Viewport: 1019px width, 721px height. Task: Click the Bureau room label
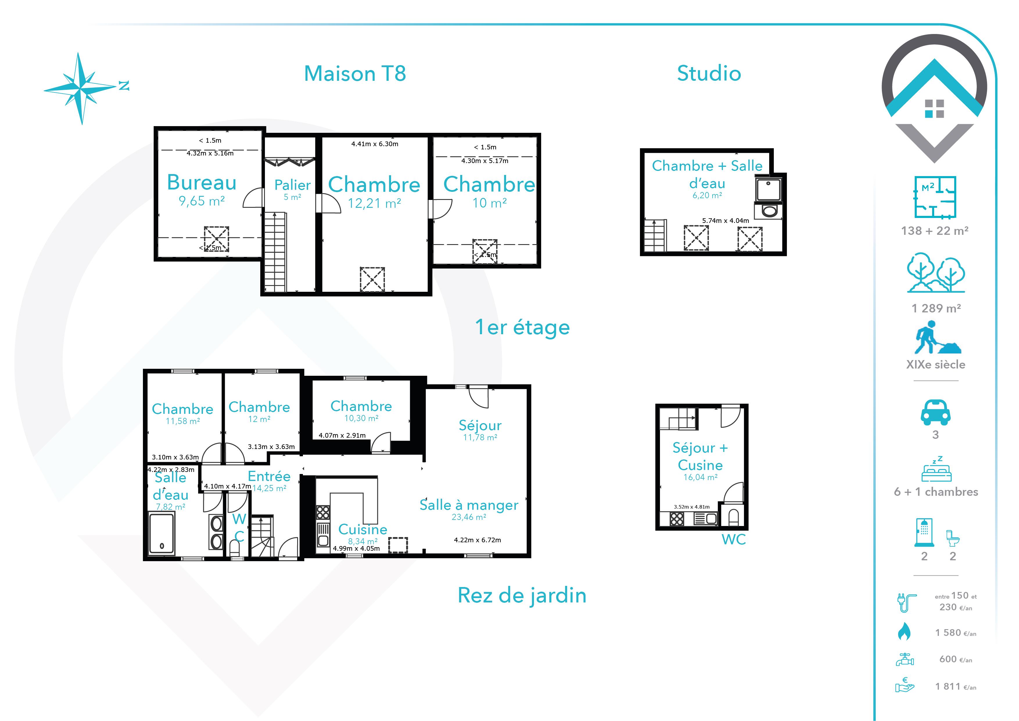[202, 183]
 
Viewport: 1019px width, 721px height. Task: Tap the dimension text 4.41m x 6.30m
[375, 144]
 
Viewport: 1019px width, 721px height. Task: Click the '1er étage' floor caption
[522, 328]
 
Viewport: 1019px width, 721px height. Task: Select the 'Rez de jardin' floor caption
[522, 595]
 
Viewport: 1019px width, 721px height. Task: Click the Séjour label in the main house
[480, 425]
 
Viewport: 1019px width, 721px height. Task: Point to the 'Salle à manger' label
[469, 505]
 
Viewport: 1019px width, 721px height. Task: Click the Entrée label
[269, 476]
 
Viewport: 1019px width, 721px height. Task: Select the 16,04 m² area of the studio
[700, 477]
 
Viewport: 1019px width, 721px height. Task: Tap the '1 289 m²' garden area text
[936, 308]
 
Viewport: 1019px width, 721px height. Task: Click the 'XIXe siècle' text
[936, 364]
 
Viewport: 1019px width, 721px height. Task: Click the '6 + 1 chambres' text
[936, 492]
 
